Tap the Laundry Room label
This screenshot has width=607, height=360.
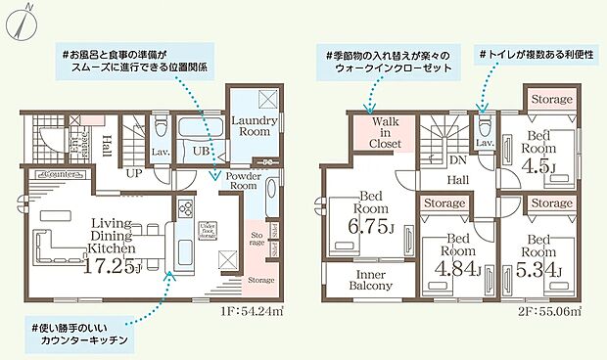coord(256,124)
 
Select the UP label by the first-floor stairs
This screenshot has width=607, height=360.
coord(132,172)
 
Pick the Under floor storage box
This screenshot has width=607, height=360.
coord(208,231)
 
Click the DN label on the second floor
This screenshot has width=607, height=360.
coord(455,160)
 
